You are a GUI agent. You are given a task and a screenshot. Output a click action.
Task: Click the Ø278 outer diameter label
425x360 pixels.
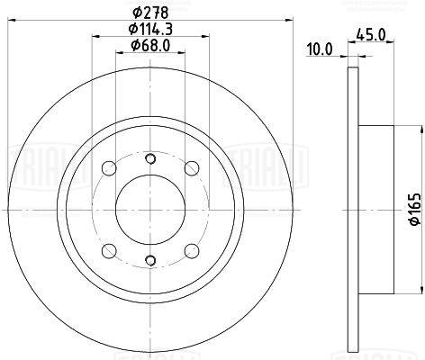click(x=150, y=13)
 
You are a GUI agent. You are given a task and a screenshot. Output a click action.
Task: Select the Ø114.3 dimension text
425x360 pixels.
click(x=150, y=29)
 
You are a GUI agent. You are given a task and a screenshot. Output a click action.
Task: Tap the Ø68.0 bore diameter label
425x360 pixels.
click(x=150, y=45)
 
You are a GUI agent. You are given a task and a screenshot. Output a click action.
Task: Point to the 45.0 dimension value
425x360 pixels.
click(x=371, y=34)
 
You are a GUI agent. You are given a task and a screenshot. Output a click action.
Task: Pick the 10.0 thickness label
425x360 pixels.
click(x=320, y=49)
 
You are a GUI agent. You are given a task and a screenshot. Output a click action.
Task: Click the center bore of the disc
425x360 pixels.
click(x=150, y=210)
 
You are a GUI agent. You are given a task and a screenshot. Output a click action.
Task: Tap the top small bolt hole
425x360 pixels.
click(x=150, y=158)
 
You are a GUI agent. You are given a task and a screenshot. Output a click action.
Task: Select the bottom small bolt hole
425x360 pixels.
click(x=150, y=260)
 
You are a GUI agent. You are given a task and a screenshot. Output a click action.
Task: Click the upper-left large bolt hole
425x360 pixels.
click(x=109, y=168)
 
